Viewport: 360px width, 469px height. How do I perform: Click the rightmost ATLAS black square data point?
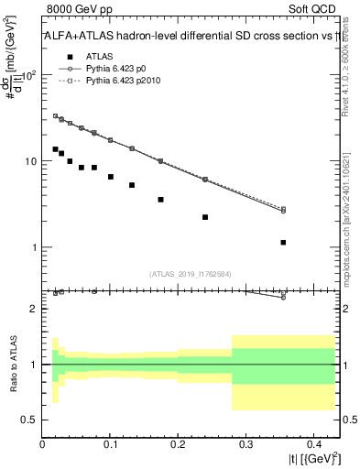click(x=283, y=243)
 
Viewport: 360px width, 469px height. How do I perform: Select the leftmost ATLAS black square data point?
click(x=55, y=148)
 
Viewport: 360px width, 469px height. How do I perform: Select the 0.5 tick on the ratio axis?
click(x=31, y=420)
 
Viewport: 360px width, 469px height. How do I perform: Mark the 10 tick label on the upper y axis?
click(x=29, y=162)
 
